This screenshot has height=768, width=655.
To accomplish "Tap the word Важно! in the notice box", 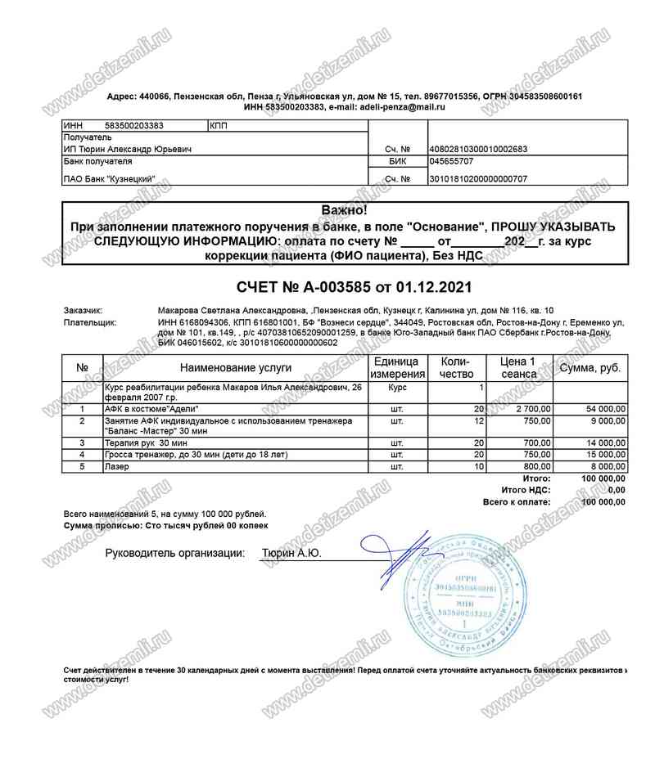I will click(345, 211).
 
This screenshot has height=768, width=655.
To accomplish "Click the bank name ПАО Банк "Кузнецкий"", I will click(108, 178).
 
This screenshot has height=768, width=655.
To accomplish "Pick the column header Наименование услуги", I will click(233, 368).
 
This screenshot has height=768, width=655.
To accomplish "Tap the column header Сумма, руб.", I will click(589, 368).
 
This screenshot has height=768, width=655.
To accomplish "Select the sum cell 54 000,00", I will click(603, 407).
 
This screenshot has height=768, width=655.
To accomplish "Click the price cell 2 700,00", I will click(534, 407).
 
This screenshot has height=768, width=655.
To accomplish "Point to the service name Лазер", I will click(116, 466).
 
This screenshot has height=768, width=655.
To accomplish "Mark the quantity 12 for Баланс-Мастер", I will click(480, 421).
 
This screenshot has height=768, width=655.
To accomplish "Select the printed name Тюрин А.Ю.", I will click(291, 554).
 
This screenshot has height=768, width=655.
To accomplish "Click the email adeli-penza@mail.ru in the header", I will click(402, 107).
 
